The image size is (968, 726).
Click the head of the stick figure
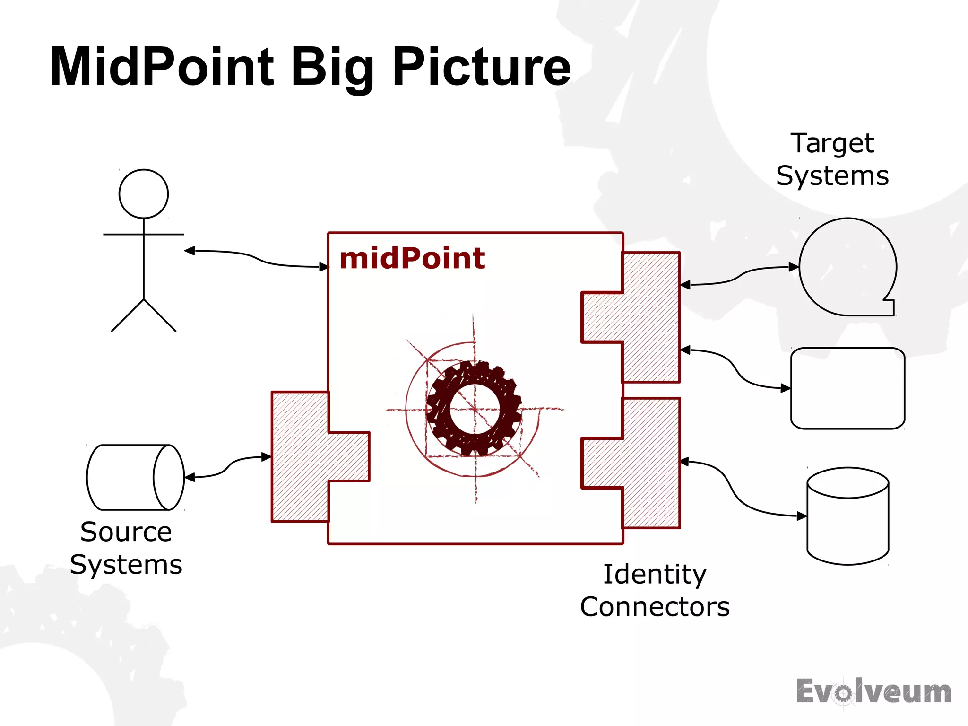[x=144, y=194]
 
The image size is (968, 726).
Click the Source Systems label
[x=126, y=548]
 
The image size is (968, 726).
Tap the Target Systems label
[x=832, y=159]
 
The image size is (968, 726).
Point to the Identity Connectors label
[x=655, y=590]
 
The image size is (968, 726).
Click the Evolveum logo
[x=873, y=692]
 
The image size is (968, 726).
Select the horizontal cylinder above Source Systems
[x=135, y=477]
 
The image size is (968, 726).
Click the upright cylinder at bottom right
[x=848, y=516]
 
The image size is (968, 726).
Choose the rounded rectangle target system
[x=847, y=388]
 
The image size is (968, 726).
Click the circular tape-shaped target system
[x=847, y=267]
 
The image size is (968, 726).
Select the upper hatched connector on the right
[x=648, y=317]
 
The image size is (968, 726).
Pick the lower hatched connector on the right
[x=648, y=463]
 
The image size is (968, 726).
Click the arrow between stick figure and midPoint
[x=256, y=258]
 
